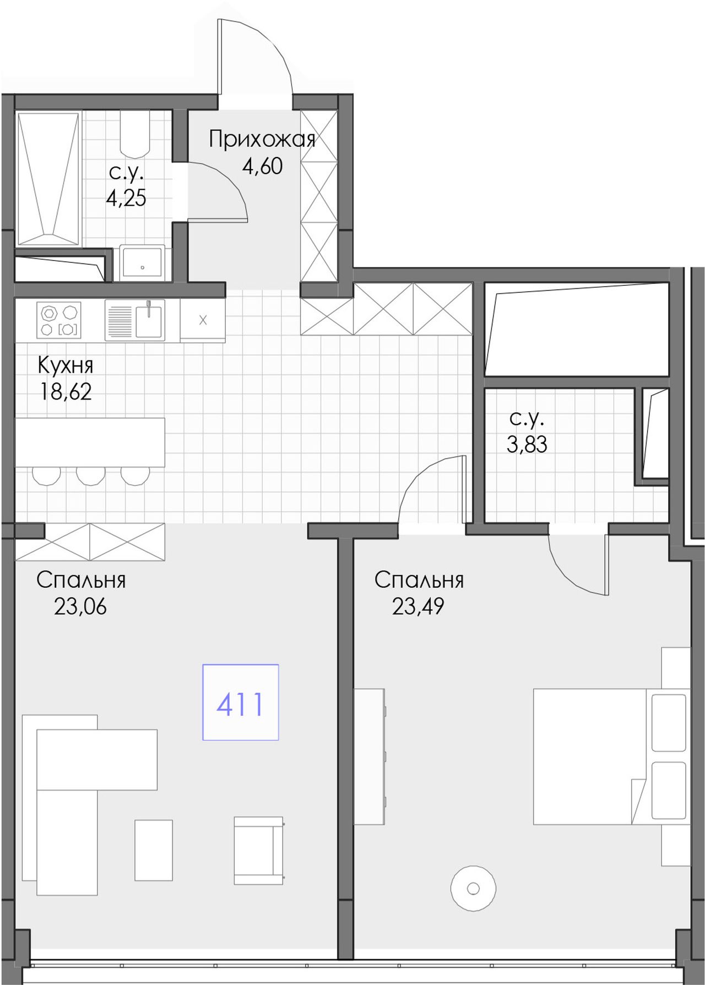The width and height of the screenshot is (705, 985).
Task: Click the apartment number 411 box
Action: [x=240, y=702]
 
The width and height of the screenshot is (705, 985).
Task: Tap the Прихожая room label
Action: [x=262, y=139]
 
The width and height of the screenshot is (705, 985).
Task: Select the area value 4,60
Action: [x=262, y=166]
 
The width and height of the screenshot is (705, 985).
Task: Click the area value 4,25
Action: [x=126, y=198]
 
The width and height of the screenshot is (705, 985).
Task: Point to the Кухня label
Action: [x=65, y=365]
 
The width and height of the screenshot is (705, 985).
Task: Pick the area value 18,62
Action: [x=65, y=391]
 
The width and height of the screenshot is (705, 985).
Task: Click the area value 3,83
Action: [x=527, y=444]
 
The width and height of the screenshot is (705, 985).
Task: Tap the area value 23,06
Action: [x=80, y=606]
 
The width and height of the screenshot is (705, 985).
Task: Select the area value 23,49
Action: [x=418, y=606]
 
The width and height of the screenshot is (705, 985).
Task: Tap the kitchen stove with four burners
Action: [x=59, y=320]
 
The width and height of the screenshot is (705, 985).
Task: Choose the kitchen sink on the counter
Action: [x=135, y=320]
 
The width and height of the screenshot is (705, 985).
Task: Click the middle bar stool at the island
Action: [x=90, y=476]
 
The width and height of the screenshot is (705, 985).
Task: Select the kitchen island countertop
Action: [x=90, y=442]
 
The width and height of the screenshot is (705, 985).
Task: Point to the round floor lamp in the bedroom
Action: [x=473, y=888]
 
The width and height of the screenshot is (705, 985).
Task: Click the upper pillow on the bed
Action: [x=669, y=722]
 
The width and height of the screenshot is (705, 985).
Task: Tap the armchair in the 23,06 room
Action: [x=259, y=851]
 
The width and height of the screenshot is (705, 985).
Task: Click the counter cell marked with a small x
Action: [x=203, y=320]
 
